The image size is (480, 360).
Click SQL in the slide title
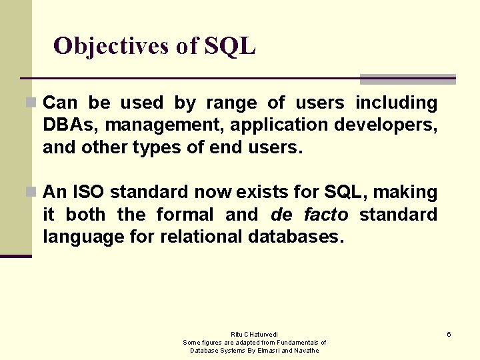click(230, 46)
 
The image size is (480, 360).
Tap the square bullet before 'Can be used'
click(30, 103)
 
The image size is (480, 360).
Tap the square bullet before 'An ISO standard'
click(30, 192)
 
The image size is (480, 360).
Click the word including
click(396, 103)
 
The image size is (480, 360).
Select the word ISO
click(87, 192)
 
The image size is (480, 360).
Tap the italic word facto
click(325, 215)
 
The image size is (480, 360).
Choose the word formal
click(185, 215)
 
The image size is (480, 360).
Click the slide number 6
click(449, 334)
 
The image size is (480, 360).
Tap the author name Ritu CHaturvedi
click(254, 334)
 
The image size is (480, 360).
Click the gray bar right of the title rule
click(407, 79)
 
